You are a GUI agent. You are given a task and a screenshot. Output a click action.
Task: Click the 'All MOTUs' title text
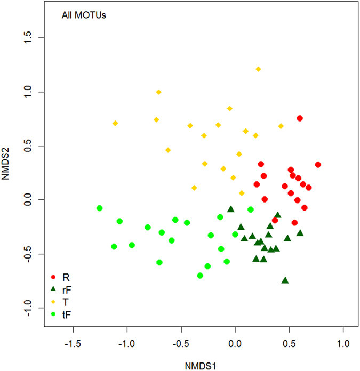(84, 15)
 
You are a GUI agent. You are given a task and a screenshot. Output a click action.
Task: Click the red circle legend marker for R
(53, 277)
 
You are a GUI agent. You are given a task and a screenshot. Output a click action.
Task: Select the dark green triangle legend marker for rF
(53, 289)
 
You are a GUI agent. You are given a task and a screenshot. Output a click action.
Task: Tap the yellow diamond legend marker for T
(53, 302)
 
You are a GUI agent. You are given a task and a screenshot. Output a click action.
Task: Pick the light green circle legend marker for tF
(53, 314)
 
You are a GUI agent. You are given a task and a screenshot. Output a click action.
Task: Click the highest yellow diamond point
(258, 69)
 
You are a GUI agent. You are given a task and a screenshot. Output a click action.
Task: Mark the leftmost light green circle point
(99, 208)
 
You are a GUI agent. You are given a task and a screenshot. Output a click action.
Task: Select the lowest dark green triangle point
(285, 280)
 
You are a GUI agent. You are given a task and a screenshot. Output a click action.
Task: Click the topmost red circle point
(300, 118)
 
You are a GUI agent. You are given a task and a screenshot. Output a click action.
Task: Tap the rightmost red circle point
(318, 165)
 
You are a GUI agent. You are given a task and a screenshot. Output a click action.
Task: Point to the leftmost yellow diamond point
(115, 123)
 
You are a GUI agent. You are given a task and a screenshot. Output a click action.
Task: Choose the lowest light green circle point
(200, 276)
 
